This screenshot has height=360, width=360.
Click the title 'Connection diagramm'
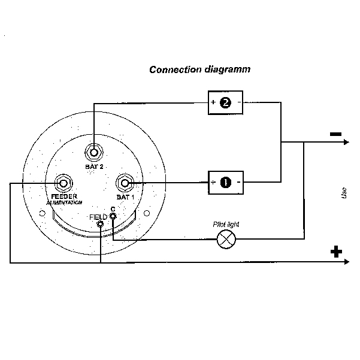point(199,69)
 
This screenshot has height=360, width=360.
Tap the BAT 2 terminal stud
point(93,152)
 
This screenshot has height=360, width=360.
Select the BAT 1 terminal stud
point(125,183)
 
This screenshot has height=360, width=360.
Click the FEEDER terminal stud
point(63,183)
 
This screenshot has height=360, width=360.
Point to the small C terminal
point(113,216)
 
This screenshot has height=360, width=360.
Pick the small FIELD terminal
point(100,224)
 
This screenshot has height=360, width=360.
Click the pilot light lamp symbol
point(226,239)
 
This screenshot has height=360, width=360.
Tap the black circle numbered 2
point(225,102)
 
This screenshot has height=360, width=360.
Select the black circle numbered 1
point(226,183)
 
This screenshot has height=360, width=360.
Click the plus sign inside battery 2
point(213,102)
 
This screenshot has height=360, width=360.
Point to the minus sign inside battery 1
point(239,182)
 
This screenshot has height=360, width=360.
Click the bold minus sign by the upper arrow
point(335,134)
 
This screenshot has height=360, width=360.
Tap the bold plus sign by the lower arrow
point(336,252)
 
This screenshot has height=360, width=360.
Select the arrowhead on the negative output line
point(346,142)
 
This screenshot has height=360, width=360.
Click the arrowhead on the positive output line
point(347,262)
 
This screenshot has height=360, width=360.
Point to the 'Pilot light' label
point(226,224)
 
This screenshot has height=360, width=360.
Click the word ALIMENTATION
point(64,202)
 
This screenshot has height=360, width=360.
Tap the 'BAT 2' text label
point(94,167)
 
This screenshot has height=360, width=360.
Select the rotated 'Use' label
point(344,193)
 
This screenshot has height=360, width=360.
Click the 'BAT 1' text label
point(125,197)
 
